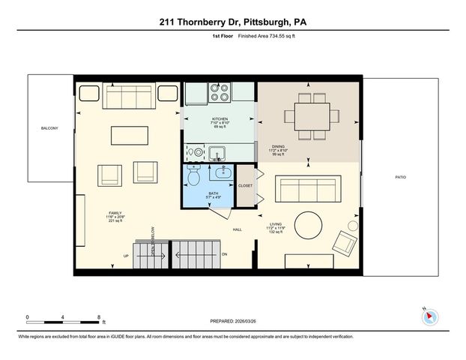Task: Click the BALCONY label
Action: click(x=49, y=128)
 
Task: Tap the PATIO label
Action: click(x=401, y=177)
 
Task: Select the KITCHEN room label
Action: click(x=220, y=119)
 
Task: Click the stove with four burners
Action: click(x=220, y=92)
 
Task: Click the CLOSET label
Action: click(x=245, y=185)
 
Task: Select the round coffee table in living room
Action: click(x=308, y=225)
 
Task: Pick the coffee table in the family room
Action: click(x=130, y=135)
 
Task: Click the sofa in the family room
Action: click(x=129, y=97)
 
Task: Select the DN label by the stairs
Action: click(x=224, y=254)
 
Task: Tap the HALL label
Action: click(x=237, y=229)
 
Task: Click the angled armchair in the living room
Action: click(x=345, y=241)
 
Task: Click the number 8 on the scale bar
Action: click(x=99, y=316)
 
